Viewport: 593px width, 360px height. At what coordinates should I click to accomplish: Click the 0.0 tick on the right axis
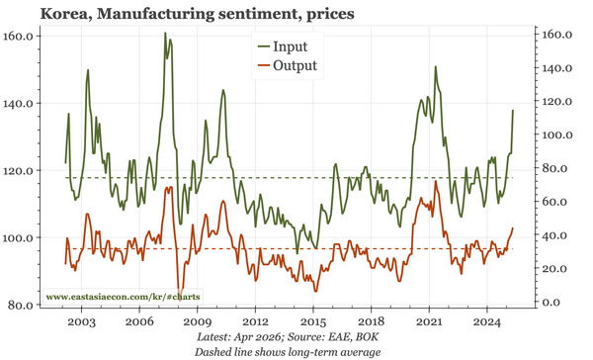tap(551, 303)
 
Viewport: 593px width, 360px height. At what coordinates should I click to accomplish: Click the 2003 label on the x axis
tap(81, 322)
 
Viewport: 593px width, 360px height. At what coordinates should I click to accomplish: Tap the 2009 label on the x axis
tap(197, 322)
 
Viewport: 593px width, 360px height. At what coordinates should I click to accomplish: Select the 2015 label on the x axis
tap(312, 322)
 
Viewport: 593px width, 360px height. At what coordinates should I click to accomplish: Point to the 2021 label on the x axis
tap(429, 322)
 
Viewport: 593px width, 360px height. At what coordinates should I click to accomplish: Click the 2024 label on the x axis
tap(486, 322)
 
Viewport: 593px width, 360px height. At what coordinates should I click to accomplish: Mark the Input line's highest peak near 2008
tap(164, 33)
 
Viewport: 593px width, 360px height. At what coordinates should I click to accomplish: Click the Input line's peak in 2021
tap(436, 66)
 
